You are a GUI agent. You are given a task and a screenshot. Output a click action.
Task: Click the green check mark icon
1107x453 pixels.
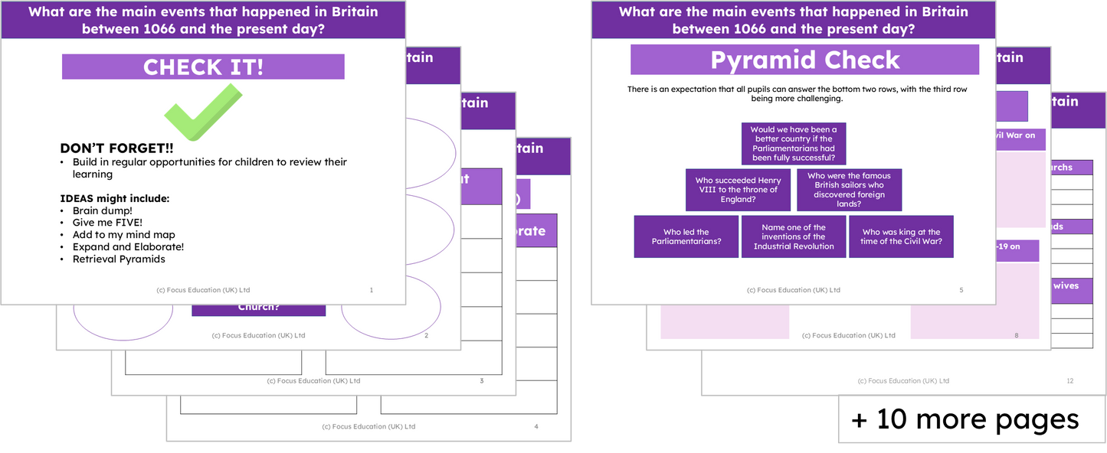[x=202, y=112]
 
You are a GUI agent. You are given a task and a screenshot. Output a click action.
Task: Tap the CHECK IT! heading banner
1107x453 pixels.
[x=203, y=67]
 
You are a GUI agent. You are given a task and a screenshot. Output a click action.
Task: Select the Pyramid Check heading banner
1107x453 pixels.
[x=804, y=60]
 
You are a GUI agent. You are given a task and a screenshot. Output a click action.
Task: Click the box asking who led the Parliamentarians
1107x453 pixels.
[x=686, y=236]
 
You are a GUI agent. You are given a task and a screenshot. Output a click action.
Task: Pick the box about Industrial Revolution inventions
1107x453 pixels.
[x=794, y=236]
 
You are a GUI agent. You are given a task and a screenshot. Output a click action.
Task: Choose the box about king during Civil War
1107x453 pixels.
[x=901, y=236]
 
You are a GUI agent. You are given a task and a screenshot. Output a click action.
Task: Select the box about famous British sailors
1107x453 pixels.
[x=849, y=190]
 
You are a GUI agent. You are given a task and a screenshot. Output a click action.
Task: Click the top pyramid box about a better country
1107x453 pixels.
[x=793, y=144]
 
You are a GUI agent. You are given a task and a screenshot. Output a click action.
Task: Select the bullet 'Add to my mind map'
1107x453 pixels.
[x=123, y=235]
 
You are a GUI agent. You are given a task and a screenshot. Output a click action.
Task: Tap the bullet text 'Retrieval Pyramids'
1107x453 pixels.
[x=119, y=259]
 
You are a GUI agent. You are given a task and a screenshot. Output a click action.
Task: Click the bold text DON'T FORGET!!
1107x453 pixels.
[x=116, y=148]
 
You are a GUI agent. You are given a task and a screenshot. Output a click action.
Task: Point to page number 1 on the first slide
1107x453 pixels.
[x=372, y=290]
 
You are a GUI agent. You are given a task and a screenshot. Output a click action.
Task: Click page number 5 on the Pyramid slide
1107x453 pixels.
[x=961, y=290]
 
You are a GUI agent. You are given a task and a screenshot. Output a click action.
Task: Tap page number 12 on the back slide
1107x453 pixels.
[x=1070, y=380]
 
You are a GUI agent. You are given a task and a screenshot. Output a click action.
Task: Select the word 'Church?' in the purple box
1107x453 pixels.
[x=258, y=308]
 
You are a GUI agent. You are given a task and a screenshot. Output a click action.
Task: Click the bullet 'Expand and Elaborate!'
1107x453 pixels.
[x=128, y=247]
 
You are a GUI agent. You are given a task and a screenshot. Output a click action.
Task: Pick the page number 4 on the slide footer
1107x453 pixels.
[x=536, y=426]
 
